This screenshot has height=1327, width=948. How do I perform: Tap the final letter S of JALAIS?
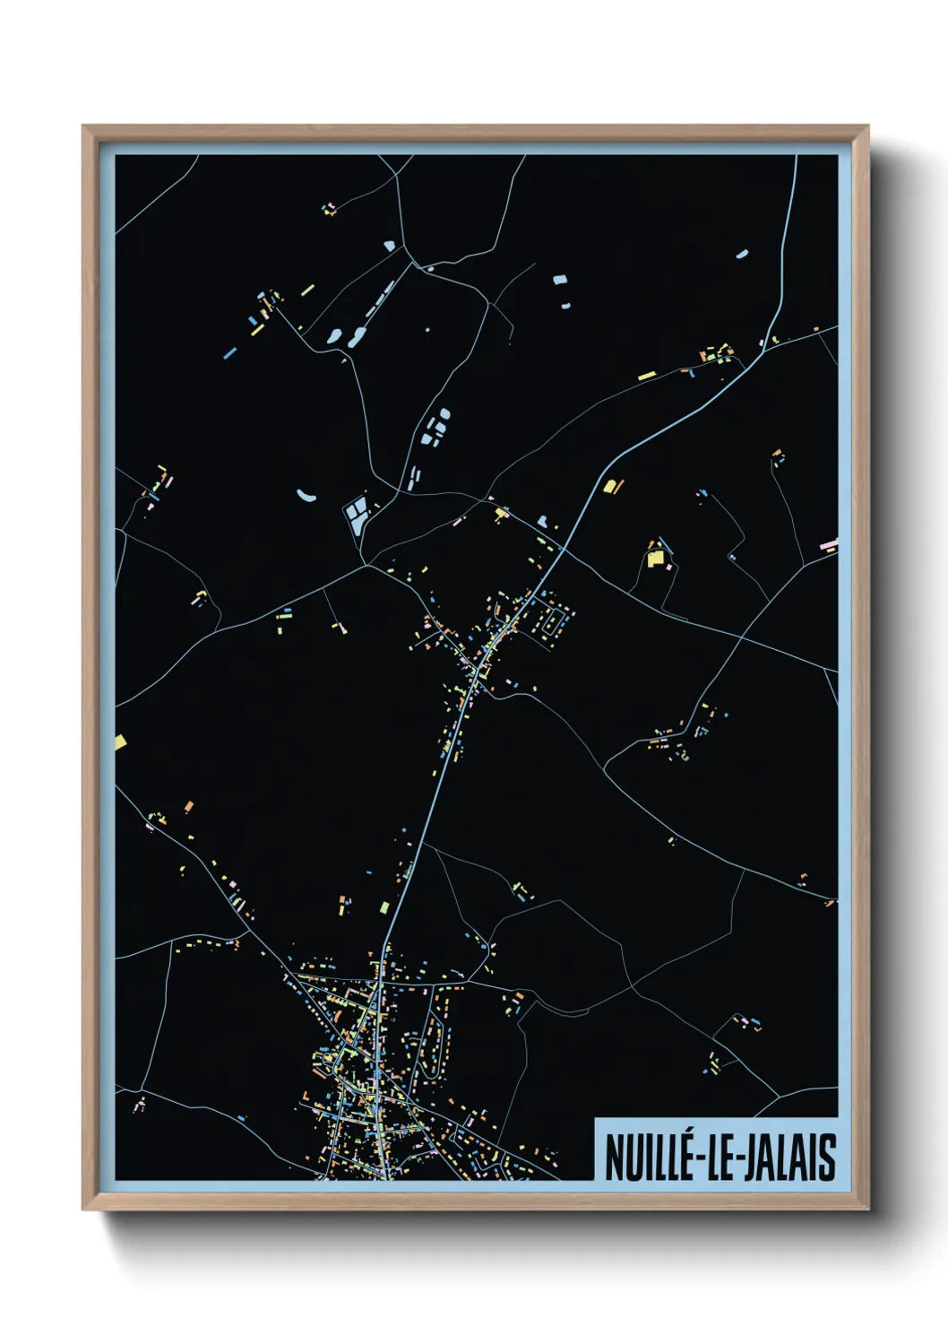pos(827,1158)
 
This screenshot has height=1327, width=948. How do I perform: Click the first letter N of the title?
pos(613,1158)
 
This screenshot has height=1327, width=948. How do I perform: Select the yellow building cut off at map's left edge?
pos(120,742)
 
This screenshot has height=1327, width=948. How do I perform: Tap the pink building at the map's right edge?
pos(829,543)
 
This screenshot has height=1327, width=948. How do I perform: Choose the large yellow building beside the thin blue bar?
pos(655,558)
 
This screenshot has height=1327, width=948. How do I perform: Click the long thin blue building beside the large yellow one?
pos(664,544)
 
